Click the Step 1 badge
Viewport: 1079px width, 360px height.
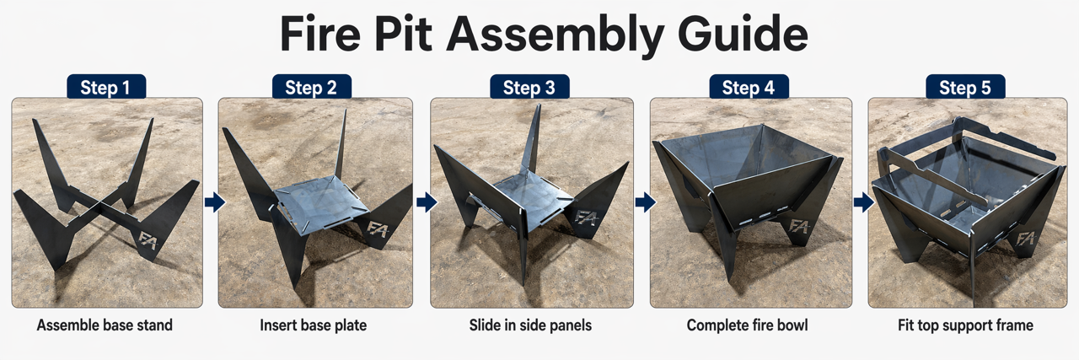[x=106, y=87]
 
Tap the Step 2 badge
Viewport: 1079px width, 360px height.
[x=312, y=87]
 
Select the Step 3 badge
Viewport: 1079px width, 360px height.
[x=529, y=87]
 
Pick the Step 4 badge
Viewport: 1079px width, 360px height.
[x=749, y=87]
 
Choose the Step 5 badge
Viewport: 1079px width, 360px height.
[x=965, y=87]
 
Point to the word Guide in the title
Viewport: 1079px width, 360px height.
[x=743, y=34]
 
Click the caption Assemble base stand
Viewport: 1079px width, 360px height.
[x=105, y=325]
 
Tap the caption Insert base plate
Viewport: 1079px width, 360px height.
[x=313, y=325]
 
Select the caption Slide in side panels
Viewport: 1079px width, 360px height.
[x=530, y=325]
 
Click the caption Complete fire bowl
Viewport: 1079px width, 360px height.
[x=747, y=325]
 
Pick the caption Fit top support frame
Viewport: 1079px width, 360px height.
[x=965, y=325]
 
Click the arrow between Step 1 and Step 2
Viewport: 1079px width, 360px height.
[x=214, y=202]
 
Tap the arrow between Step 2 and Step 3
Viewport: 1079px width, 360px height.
[x=427, y=202]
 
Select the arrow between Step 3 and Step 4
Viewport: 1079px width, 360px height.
[x=646, y=202]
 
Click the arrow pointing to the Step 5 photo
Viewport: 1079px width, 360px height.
[x=864, y=202]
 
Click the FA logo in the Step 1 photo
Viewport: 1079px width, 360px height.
[x=148, y=239]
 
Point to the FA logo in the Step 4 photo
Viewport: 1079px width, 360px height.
[x=799, y=226]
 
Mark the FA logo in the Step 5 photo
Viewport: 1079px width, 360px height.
[x=1026, y=239]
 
